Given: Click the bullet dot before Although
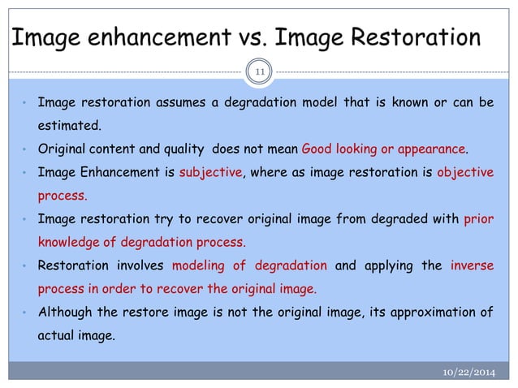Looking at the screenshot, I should pos(26,312).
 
